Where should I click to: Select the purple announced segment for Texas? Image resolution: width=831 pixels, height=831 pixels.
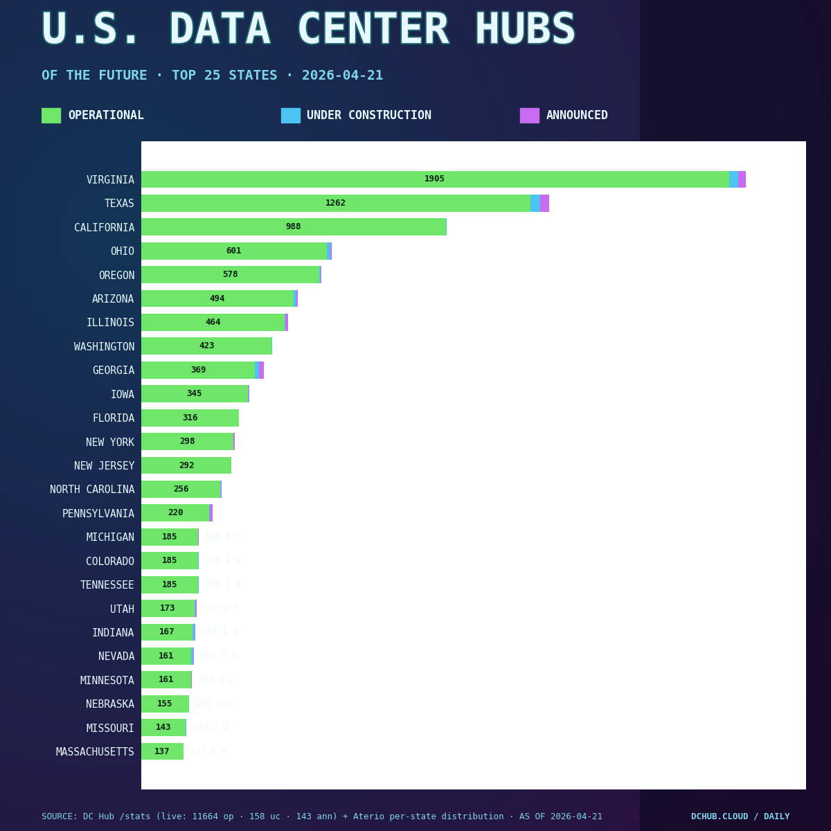[544, 204]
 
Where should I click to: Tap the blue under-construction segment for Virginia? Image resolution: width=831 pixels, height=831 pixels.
[733, 179]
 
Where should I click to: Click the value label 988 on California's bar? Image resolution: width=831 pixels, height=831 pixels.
[293, 227]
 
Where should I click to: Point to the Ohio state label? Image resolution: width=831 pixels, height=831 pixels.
[123, 251]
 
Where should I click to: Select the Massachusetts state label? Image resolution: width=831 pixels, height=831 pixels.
[95, 752]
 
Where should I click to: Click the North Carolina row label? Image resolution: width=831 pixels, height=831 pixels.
[92, 490]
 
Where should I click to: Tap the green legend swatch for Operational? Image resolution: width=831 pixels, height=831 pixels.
[51, 116]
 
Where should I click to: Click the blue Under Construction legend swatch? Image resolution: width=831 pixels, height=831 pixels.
[290, 116]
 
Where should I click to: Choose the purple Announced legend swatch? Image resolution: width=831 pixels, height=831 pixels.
[529, 116]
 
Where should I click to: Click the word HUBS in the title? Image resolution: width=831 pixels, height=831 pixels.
[525, 31]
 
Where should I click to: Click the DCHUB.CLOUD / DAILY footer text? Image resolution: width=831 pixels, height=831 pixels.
[740, 817]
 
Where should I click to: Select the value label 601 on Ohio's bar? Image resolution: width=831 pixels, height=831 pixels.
[233, 251]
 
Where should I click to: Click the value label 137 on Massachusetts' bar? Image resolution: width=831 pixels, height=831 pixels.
[161, 752]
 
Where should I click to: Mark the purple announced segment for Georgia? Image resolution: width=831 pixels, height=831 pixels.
[262, 370]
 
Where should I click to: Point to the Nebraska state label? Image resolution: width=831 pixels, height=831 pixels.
[110, 704]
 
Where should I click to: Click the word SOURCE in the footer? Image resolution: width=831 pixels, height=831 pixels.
[57, 817]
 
